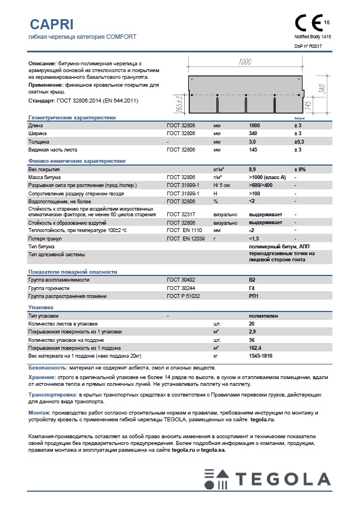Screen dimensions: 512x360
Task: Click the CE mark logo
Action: [308, 23]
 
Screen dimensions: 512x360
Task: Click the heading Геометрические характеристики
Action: [72, 118]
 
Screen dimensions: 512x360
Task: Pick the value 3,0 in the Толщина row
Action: [252, 142]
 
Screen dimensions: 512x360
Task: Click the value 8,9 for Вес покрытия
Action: [252, 169]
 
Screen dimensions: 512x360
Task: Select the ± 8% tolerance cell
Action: [301, 169]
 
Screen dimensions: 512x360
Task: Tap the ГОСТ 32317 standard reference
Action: [180, 215]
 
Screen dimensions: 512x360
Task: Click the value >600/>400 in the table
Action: [261, 185]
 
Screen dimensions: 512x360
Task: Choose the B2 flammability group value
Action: [252, 279]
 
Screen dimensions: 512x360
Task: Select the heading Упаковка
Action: [41, 307]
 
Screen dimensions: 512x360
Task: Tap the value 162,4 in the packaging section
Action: [255, 348]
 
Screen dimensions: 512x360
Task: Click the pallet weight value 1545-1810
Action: [261, 356]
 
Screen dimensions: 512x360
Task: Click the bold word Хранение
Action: [42, 377]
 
